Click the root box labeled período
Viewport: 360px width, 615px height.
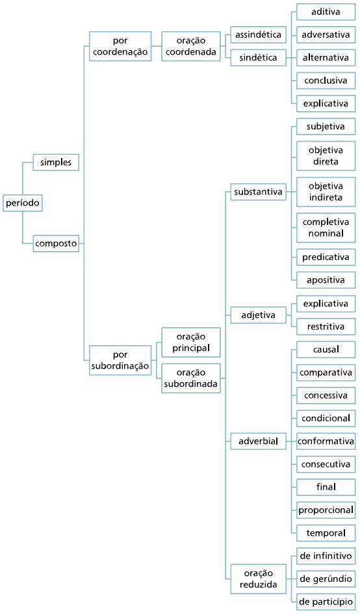point(22,203)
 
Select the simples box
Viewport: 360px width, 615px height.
point(56,162)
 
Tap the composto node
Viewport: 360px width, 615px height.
point(56,243)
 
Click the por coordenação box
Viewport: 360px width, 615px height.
point(120,46)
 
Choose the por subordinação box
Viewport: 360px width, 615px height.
point(120,360)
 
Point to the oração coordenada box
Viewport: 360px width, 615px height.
point(191,46)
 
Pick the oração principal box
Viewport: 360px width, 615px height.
point(191,343)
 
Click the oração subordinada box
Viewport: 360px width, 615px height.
point(191,378)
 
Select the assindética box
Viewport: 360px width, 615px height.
point(259,34)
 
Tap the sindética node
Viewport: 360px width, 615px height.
point(259,58)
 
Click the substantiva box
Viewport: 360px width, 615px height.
point(259,192)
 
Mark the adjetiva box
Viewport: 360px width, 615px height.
point(259,315)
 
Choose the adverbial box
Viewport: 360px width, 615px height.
point(259,441)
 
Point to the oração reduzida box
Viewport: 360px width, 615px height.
point(259,579)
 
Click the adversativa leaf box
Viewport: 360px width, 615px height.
point(326,34)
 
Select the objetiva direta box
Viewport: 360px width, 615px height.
point(326,156)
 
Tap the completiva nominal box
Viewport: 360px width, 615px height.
point(326,228)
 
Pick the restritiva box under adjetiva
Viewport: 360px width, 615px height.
point(326,326)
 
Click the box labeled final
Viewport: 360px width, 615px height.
point(326,487)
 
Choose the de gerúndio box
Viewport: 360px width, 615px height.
point(326,579)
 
